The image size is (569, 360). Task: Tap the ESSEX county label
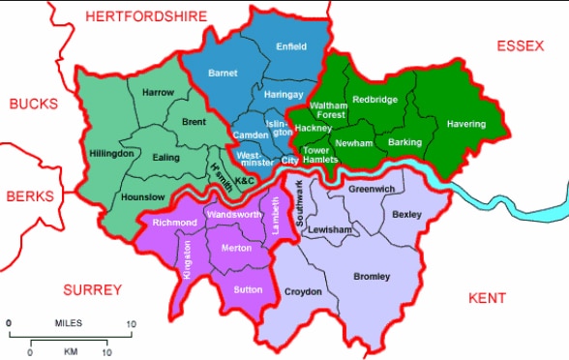pos(523,45)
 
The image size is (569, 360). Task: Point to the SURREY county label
pos(93,290)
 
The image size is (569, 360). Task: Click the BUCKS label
pos(34,104)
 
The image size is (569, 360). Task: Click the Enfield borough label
pos(291,46)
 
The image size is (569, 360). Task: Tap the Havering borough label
pos(466,124)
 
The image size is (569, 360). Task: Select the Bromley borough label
pos(372,277)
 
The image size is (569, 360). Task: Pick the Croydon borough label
pos(303,291)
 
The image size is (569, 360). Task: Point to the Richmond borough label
pos(175,223)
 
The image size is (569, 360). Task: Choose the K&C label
pos(245,181)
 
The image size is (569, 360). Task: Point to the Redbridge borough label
pos(374,99)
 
